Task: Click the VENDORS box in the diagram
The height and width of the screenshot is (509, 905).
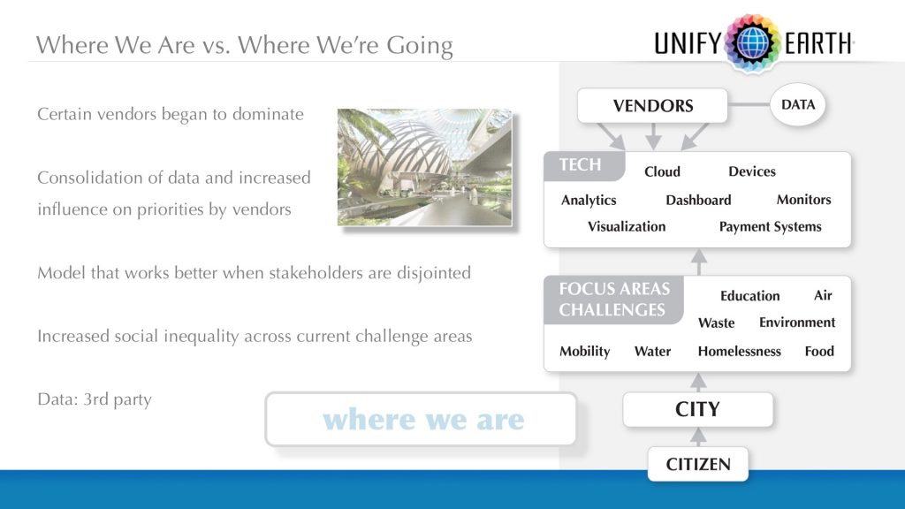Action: click(x=652, y=106)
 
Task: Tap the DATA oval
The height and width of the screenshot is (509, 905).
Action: click(x=797, y=105)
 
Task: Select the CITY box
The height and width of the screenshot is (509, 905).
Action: click(x=697, y=410)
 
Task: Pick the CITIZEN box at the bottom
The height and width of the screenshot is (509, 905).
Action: click(x=697, y=464)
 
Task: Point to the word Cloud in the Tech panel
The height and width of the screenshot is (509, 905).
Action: click(x=662, y=171)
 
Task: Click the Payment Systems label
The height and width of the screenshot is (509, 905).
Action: click(x=770, y=227)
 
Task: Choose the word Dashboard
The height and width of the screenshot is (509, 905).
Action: click(x=698, y=200)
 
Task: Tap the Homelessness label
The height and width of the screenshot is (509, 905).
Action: click(x=739, y=351)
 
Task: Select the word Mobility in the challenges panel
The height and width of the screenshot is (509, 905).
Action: click(x=584, y=351)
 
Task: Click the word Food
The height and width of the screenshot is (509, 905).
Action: click(x=819, y=351)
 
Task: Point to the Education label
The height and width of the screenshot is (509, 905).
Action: click(x=749, y=296)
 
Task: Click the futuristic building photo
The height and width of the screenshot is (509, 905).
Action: click(x=424, y=167)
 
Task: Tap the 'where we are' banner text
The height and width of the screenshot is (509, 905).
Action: click(x=423, y=419)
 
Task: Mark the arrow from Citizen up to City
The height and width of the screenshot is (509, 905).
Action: click(x=698, y=437)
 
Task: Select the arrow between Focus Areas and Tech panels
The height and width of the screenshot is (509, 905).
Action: click(x=698, y=262)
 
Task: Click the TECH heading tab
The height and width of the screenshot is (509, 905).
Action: click(x=581, y=165)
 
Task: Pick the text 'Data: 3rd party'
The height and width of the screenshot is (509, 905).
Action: click(x=95, y=399)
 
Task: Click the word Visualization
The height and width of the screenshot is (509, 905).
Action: click(x=627, y=227)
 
